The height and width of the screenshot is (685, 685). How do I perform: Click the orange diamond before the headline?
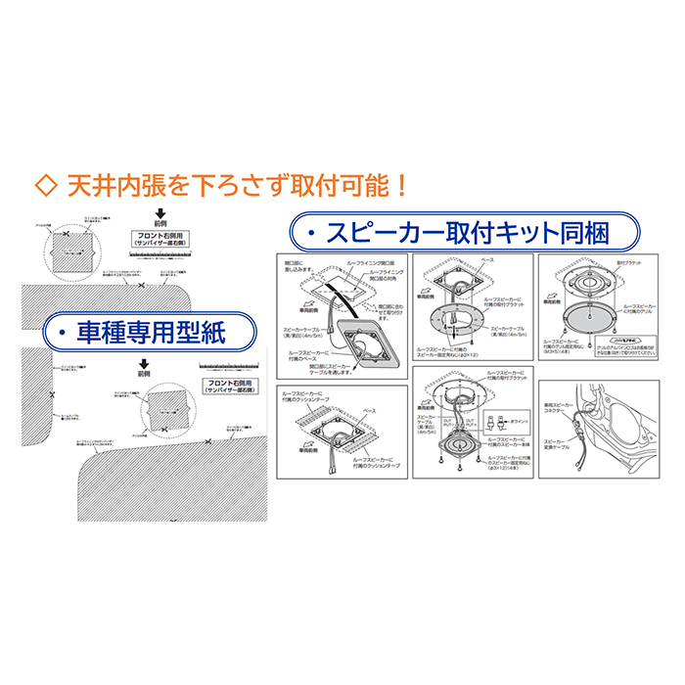(44, 184)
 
